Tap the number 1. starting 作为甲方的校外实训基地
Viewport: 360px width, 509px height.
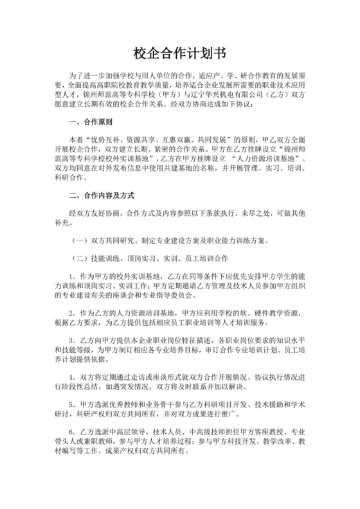(x=73, y=276)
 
